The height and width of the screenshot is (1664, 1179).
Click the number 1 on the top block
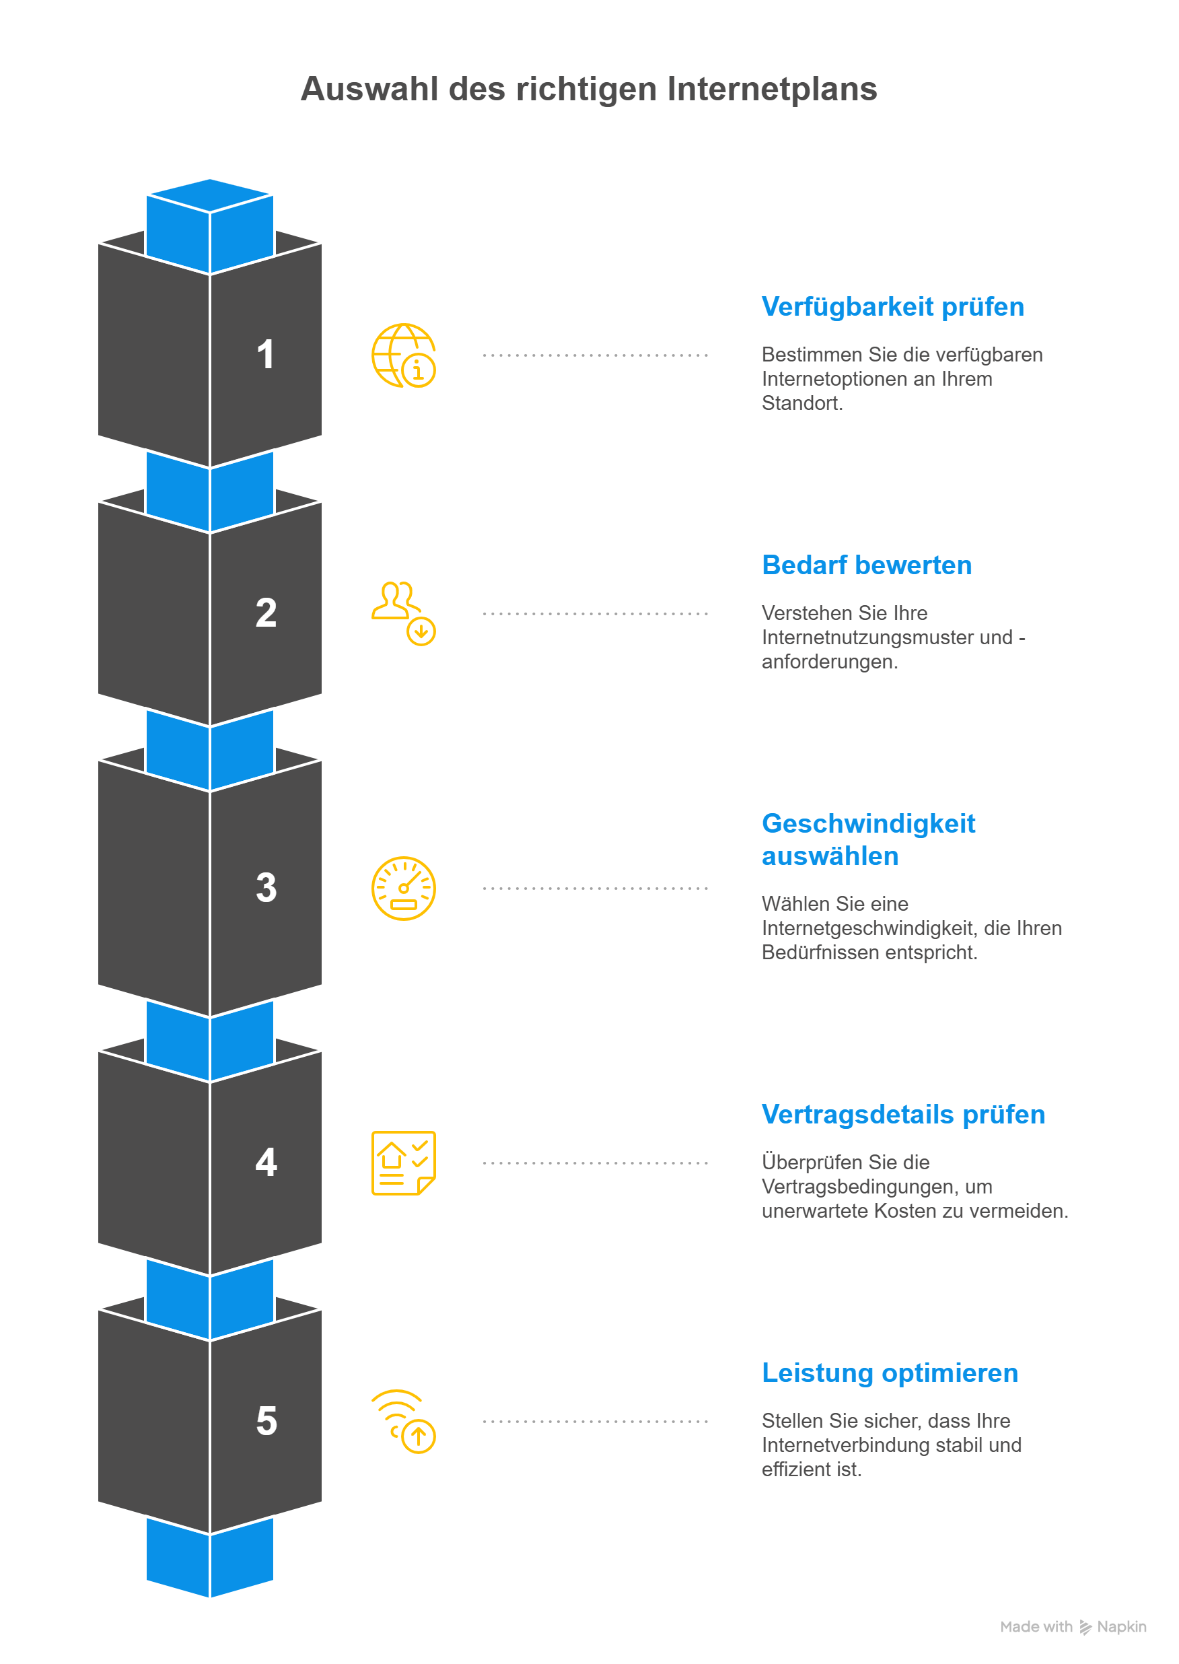266,355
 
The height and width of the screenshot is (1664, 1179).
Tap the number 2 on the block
266,613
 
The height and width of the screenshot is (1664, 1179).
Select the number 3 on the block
266,888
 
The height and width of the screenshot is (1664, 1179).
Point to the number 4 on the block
266,1163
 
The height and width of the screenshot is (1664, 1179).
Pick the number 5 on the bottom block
266,1421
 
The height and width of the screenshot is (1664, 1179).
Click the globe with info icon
404,355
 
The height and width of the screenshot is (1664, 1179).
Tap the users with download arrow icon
404,613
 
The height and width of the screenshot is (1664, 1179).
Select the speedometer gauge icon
404,888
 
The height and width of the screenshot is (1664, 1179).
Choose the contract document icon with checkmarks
404,1163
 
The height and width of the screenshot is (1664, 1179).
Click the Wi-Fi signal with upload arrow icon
404,1421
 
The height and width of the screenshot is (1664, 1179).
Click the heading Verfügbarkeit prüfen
892,307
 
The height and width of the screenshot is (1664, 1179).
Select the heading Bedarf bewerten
866,565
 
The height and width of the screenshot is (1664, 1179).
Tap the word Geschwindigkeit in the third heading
868,824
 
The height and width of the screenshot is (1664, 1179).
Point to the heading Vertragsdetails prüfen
903,1115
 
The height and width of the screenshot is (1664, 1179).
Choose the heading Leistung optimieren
890,1373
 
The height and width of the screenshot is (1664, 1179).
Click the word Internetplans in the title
772,90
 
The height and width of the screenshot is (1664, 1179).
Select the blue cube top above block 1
210,195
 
